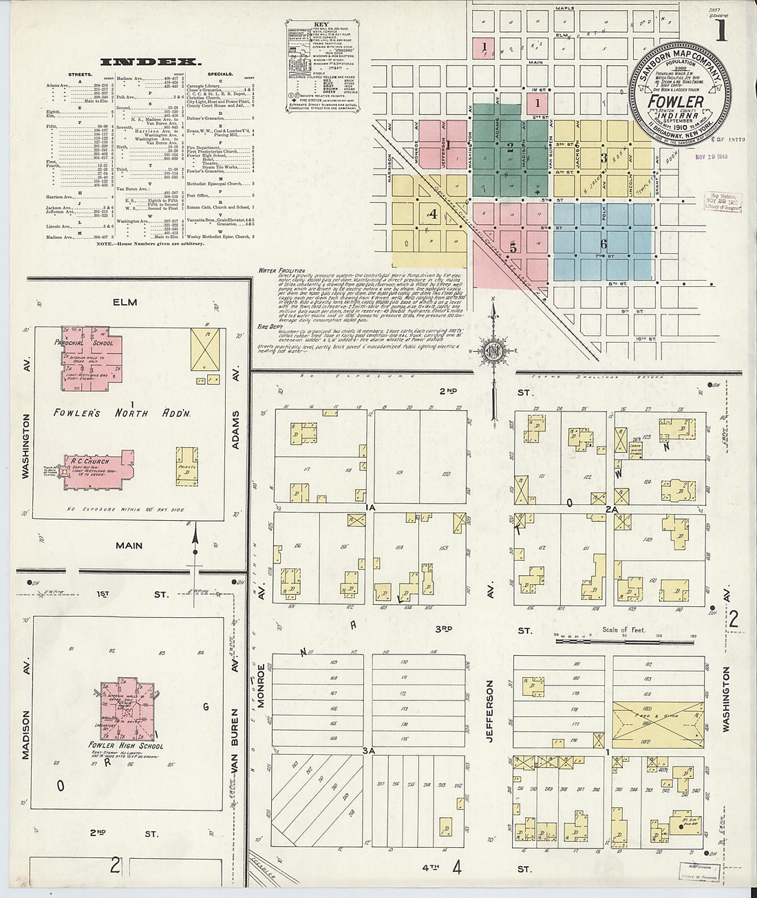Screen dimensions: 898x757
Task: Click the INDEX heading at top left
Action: point(151,62)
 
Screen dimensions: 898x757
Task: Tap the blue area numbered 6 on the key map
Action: point(603,243)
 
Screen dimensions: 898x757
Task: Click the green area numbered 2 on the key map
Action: point(510,146)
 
